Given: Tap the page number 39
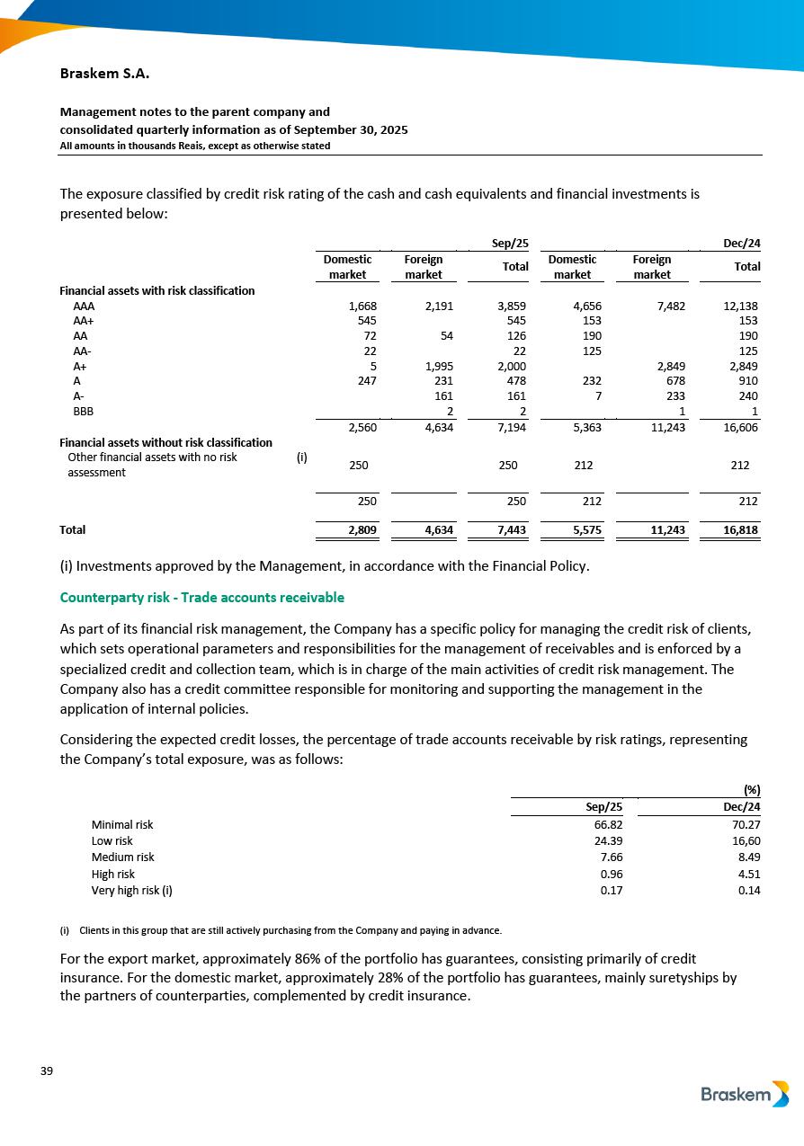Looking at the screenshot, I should (x=47, y=1070).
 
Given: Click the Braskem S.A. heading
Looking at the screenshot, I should (x=98, y=73).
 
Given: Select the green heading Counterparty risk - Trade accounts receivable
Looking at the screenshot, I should (x=201, y=598).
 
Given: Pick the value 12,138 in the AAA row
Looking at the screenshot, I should (x=740, y=306).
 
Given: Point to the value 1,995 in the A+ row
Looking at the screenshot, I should (x=436, y=367).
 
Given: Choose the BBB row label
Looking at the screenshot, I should (x=83, y=413).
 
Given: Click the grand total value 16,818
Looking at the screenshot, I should (x=740, y=530).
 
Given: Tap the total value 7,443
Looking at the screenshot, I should (x=511, y=530).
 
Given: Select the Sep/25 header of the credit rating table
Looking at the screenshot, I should (x=510, y=243).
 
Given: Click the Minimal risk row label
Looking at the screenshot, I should (x=122, y=824).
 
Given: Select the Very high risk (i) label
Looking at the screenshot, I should (x=131, y=891).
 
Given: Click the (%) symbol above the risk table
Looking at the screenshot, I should (x=752, y=790).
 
